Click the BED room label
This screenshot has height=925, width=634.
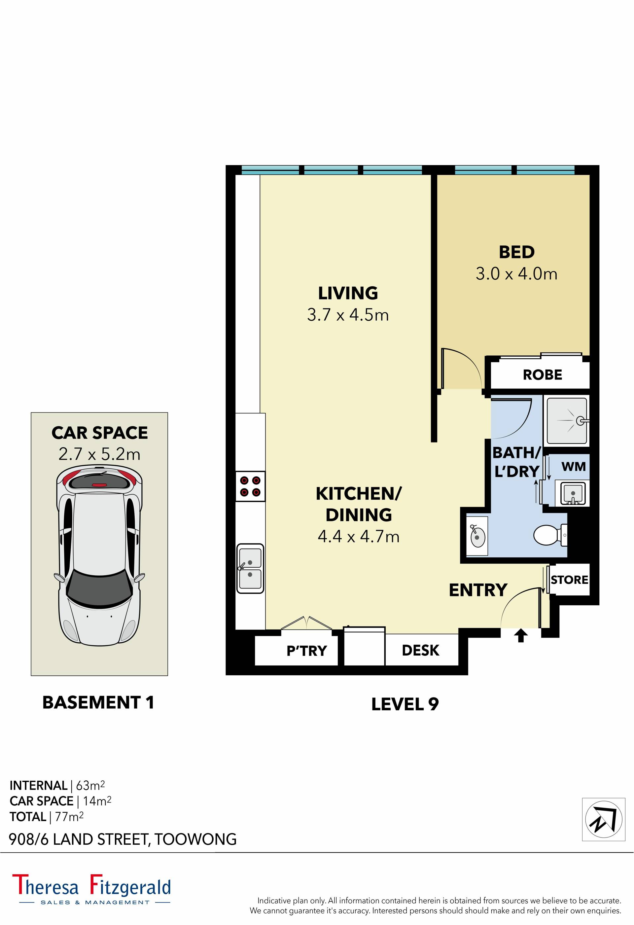click(x=516, y=252)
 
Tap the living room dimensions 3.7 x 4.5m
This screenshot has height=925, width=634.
click(x=348, y=315)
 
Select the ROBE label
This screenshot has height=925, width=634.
click(x=542, y=374)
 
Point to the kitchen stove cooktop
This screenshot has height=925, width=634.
click(x=250, y=486)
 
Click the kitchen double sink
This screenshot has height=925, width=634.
click(x=250, y=568)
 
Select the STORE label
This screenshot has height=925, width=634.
click(x=569, y=580)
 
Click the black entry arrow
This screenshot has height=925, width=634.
click(x=520, y=636)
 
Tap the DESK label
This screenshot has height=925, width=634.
click(x=420, y=650)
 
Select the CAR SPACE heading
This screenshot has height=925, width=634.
click(x=99, y=433)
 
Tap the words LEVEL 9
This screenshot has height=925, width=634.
click(x=405, y=704)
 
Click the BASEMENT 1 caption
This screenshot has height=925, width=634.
click(x=98, y=702)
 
